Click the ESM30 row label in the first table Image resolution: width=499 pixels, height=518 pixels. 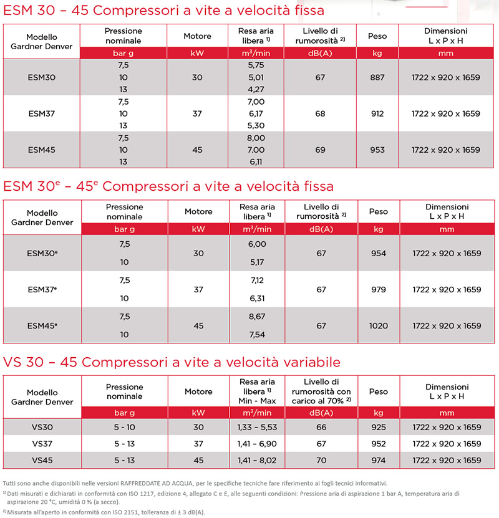42,77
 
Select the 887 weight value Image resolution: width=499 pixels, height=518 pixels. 377,77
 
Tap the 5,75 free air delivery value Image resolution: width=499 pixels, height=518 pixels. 256,65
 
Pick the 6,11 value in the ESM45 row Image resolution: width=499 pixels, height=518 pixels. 256,161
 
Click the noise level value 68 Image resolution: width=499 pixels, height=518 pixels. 320,113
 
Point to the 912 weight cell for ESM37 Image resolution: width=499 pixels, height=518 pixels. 377,113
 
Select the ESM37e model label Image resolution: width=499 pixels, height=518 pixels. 42,289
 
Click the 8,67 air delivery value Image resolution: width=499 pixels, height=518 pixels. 257,317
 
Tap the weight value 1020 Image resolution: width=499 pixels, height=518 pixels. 378,325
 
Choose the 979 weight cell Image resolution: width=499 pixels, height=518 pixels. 378,289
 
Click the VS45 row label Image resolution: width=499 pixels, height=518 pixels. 42,460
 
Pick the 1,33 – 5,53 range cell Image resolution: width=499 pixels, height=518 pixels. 257,427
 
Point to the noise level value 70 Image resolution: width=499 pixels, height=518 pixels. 321,460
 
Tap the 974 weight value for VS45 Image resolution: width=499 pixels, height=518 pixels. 378,460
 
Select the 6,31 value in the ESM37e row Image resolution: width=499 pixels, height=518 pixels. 257,299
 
